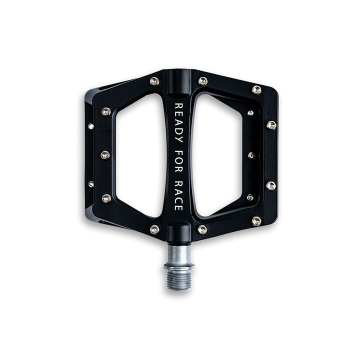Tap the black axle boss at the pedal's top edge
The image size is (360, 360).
click(178, 80)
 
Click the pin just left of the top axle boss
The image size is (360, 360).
click(154, 81)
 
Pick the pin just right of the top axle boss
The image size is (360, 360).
click(202, 81)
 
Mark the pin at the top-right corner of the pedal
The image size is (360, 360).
click(256, 89)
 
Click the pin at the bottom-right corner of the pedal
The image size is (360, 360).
click(256, 220)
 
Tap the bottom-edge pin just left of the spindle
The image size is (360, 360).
click(154, 229)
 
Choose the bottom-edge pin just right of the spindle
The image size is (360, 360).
click(202, 229)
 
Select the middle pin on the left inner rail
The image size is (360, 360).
click(105, 155)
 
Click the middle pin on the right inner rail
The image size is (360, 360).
click(251, 155)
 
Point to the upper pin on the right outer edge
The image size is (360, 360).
click(271, 125)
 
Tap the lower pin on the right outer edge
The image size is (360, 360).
click(271, 185)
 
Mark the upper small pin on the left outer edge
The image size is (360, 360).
click(91, 126)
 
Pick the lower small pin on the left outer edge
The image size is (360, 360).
click(91, 184)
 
